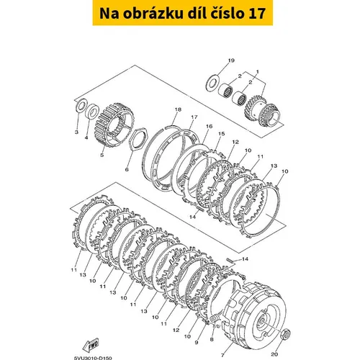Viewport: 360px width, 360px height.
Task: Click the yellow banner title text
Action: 182,14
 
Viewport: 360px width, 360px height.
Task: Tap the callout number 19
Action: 231,60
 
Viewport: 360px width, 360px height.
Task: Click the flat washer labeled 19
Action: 212,83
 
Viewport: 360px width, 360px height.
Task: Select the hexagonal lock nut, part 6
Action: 137,140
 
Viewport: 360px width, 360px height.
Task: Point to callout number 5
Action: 102,155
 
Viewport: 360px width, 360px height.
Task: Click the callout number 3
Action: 76,132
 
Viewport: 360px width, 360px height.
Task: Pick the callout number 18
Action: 178,109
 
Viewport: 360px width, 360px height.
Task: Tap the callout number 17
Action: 194,117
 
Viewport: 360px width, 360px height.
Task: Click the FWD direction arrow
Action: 90,346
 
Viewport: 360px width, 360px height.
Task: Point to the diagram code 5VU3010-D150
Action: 93,358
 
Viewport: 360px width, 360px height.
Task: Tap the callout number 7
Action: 222,355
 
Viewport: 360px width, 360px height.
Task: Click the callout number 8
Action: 212,339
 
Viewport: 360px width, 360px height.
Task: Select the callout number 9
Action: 197,343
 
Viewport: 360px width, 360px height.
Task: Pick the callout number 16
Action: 209,126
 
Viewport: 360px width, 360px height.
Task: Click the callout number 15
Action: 221,133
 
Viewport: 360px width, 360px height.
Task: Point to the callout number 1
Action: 258,71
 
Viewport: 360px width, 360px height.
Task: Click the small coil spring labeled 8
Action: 214,320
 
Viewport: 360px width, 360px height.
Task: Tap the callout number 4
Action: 86,138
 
